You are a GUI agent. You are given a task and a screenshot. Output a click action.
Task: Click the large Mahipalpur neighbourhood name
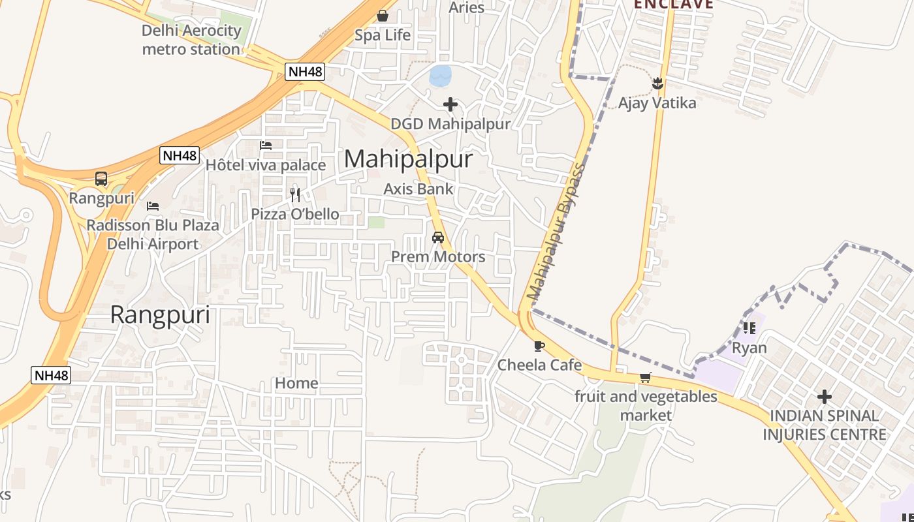408,159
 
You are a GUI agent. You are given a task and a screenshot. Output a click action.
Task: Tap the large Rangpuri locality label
160,315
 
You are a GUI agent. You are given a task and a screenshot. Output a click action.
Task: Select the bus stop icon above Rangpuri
101,178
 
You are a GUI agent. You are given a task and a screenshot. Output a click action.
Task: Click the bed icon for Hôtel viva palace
266,146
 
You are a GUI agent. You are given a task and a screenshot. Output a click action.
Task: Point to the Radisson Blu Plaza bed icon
153,206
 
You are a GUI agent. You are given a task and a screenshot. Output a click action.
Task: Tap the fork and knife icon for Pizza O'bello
295,194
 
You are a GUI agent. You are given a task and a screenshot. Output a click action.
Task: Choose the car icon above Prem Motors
438,238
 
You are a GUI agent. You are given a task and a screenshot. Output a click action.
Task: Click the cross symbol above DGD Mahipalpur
450,104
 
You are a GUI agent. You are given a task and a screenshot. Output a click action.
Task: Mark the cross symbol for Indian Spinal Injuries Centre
825,396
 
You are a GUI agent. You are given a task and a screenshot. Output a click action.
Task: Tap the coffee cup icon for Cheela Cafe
539,346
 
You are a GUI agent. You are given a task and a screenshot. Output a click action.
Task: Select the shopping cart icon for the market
645,377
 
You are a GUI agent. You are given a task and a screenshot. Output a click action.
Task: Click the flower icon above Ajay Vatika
657,84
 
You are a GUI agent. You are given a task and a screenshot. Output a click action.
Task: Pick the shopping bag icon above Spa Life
383,16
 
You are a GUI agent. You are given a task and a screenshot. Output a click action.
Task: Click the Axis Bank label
418,189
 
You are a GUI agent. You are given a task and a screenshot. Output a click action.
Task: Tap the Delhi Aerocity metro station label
191,40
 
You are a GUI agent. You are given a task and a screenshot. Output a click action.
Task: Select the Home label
296,383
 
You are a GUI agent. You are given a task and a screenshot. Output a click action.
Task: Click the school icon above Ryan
749,328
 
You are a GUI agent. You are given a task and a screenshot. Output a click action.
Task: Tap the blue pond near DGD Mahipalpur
440,76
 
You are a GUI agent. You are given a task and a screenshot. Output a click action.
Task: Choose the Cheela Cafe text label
539,365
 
